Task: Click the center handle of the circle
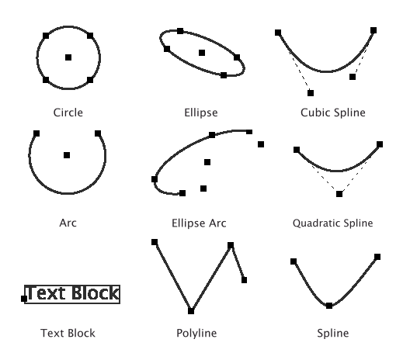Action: click(68, 57)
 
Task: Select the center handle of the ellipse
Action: click(202, 53)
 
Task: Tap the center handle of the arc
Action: click(67, 155)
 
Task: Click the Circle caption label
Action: click(68, 112)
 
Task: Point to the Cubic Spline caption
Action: click(333, 112)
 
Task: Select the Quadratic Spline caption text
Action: click(332, 223)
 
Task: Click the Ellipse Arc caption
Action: click(199, 223)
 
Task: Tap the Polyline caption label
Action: click(196, 333)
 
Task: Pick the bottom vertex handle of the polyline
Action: click(191, 311)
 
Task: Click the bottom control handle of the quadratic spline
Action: click(339, 194)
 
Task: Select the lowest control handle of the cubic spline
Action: click(311, 93)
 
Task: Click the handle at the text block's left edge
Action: click(24, 299)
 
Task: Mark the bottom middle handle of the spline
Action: click(329, 306)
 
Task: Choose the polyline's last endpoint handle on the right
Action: click(244, 280)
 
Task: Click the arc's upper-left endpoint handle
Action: click(36, 133)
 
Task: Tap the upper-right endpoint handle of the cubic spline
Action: click(374, 30)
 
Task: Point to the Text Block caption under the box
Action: click(68, 333)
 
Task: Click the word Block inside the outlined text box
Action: click(96, 293)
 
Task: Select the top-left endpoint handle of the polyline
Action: click(155, 242)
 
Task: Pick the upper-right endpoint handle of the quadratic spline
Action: click(380, 144)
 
